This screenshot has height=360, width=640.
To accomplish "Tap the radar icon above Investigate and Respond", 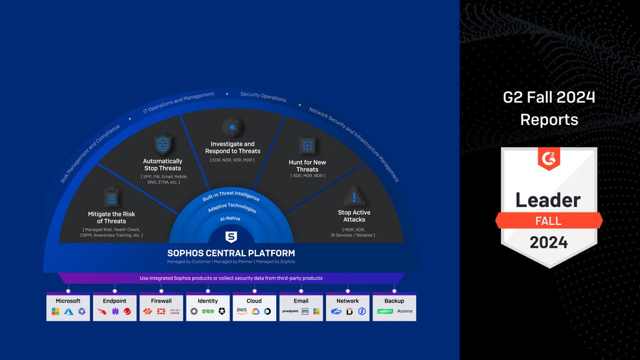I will pos(232,127).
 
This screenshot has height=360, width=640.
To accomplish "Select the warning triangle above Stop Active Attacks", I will pos(354,196).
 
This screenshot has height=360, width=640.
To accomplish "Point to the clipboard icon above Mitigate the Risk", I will pos(111,197).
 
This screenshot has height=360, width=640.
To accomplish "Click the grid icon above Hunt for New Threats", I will pos(307,146).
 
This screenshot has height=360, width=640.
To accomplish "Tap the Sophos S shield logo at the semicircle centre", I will pos(231,237).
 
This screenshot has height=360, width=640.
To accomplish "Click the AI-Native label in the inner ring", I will pos(229,219).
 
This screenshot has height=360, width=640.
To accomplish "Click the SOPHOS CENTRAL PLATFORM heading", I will pos(231,253).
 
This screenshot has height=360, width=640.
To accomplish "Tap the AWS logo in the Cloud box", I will pos(242,311).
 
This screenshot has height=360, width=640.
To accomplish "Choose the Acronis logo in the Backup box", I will pos(404,311).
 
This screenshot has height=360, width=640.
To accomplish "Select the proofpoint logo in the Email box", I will pos(290,311).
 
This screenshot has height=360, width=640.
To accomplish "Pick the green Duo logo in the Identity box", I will pos(207,311).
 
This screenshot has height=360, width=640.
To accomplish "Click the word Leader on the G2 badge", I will pos(548,200).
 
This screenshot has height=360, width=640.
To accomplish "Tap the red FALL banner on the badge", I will pos(549,221).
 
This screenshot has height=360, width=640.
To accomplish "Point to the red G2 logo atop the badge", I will pos(549,159).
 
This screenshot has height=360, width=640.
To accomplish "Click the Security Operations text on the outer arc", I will pos(263,97).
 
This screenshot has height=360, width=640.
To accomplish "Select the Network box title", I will pos(347,301).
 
